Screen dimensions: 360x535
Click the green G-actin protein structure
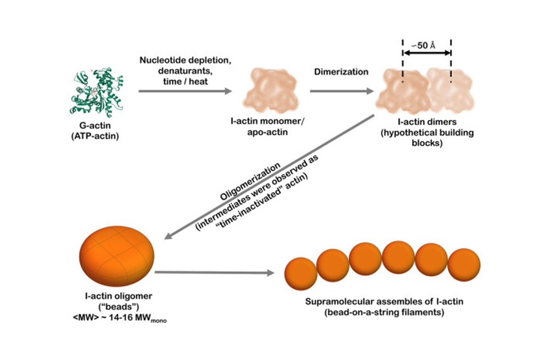(x=98, y=91)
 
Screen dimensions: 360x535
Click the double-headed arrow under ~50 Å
(x=426, y=52)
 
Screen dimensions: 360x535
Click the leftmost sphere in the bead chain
(x=301, y=273)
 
